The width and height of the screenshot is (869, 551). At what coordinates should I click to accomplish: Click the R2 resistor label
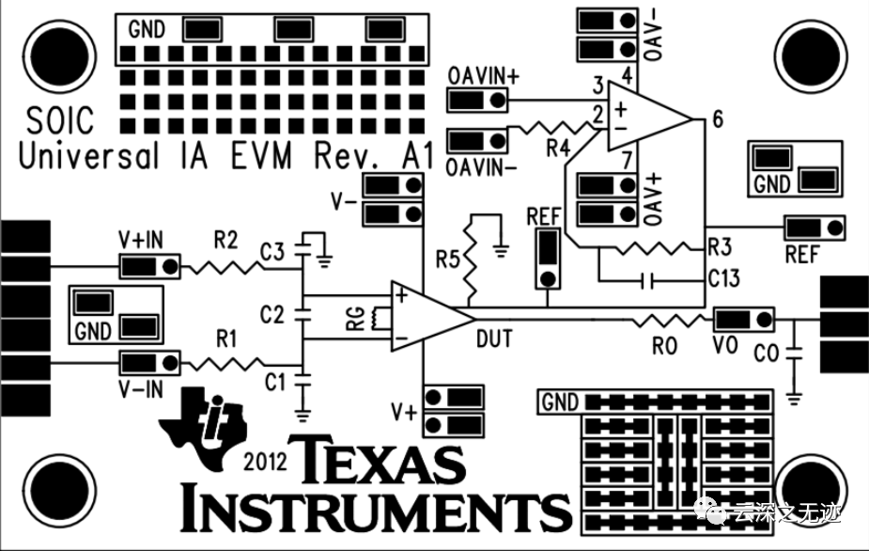point(225,241)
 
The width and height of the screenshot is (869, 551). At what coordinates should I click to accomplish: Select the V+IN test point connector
point(150,266)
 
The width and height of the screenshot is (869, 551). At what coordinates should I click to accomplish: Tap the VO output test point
point(742,319)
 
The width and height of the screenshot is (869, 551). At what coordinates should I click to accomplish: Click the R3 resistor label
point(719,248)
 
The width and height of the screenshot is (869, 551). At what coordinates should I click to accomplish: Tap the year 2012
point(265,463)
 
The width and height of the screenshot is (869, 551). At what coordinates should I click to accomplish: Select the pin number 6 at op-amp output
point(718,119)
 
